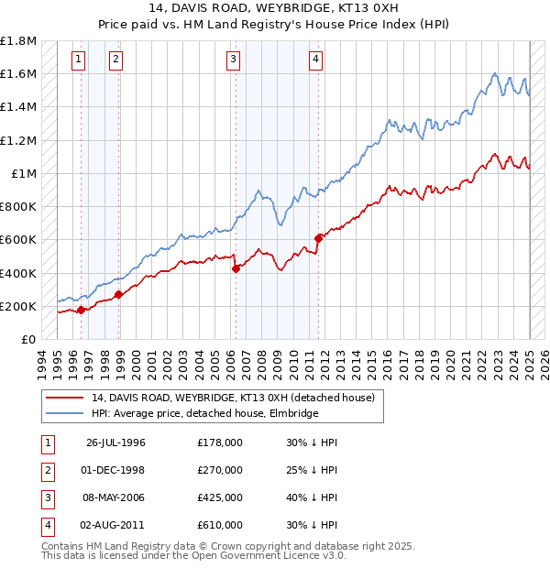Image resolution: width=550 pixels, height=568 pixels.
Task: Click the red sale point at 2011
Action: point(318,238)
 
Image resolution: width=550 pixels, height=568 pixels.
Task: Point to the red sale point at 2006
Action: point(236,268)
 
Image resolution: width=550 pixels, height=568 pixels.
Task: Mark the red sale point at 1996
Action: point(81,310)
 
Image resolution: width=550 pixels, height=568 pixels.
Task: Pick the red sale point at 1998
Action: point(118,294)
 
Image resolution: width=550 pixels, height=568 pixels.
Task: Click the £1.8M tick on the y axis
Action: point(18,41)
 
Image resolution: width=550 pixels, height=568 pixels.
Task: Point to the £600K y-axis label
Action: point(18,240)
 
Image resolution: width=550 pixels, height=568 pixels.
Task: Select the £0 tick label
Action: point(28,339)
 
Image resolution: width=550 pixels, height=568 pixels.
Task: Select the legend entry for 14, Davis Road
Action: point(233,399)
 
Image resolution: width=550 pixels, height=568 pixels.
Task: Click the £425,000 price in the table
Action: point(220,497)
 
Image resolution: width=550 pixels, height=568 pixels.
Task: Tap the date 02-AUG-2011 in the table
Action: point(115,525)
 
